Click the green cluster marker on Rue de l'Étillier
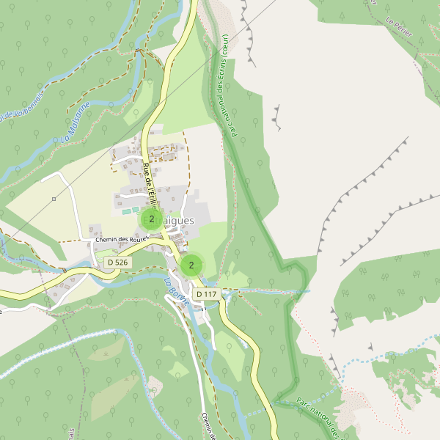(x=151, y=219)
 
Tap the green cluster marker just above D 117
(x=191, y=265)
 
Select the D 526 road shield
(x=117, y=262)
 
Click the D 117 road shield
(x=206, y=294)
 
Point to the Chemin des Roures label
(x=117, y=240)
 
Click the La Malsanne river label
(x=76, y=122)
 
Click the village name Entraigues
(x=176, y=220)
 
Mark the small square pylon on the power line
(x=54, y=199)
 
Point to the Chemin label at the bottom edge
(x=207, y=426)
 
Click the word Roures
(x=137, y=240)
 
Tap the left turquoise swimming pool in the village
(x=127, y=211)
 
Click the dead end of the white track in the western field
(x=43, y=177)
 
